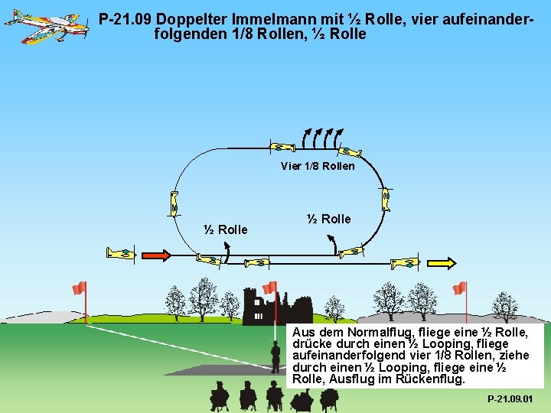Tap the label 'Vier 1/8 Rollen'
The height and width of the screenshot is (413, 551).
click(318, 166)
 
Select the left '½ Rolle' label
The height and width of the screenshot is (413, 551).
click(225, 229)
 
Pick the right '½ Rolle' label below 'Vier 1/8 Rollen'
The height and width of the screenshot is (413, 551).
click(328, 219)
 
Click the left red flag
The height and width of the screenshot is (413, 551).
click(79, 288)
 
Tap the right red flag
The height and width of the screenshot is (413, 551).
click(459, 288)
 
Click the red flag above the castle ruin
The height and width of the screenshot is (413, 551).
click(269, 288)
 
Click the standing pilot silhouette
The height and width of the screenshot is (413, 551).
click(275, 356)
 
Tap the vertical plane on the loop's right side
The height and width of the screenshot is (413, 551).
click(386, 199)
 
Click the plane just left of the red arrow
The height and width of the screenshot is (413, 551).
click(121, 253)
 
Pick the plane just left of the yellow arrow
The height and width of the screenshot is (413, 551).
click(405, 263)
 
